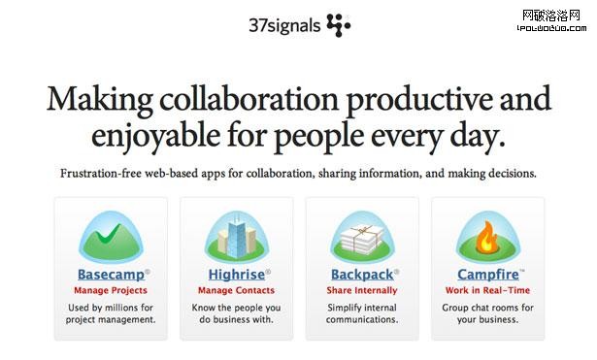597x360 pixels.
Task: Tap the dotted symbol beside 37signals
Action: point(339,24)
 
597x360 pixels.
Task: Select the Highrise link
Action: point(233,275)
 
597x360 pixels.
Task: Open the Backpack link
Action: point(361,275)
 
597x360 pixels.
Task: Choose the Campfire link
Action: point(486,275)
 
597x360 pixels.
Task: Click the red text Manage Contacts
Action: point(236,290)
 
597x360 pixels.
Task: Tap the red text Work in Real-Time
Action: point(488,290)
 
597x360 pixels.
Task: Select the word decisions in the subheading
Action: point(511,175)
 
